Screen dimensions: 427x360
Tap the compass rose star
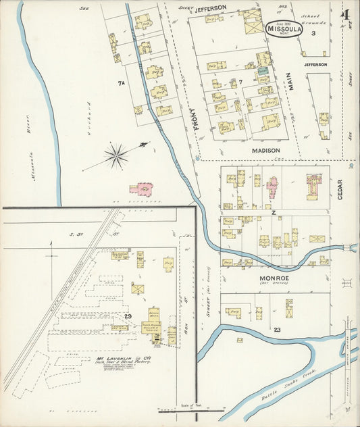116,156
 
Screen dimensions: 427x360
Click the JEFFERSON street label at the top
211,8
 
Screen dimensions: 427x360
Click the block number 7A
122,83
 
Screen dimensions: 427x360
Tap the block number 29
127,316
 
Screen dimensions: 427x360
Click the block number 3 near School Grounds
313,32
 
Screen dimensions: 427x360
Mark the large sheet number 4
344,14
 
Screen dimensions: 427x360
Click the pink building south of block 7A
143,189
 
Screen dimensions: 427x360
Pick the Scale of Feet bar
191,409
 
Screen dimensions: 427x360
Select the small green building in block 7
262,70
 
